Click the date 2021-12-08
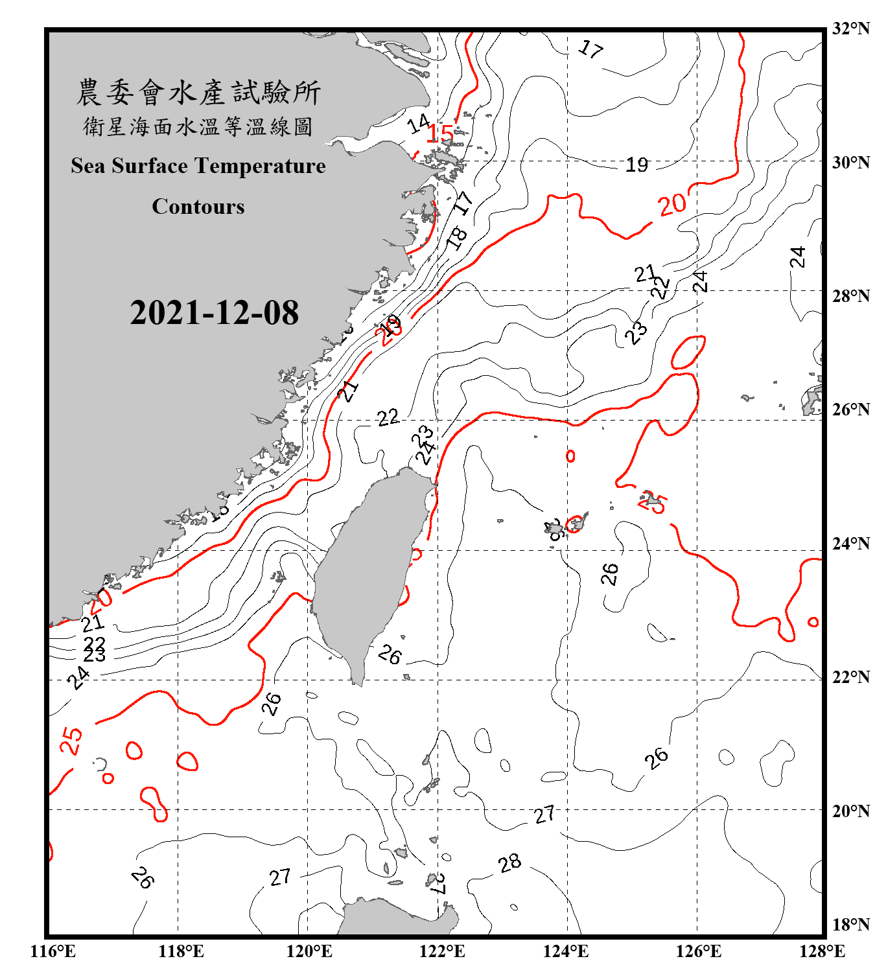214,313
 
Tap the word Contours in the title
198,207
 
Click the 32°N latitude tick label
850,29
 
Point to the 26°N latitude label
850,410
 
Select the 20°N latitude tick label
850,811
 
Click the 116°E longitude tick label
53,951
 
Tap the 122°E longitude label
442,951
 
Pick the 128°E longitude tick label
822,951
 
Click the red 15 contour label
440,133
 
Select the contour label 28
509,863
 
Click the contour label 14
419,123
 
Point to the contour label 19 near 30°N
636,165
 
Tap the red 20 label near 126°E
672,205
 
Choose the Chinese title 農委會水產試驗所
198,93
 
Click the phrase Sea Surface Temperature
198,166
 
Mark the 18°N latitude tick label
850,925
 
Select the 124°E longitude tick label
566,951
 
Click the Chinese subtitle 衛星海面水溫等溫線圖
198,126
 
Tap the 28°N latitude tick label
850,296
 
